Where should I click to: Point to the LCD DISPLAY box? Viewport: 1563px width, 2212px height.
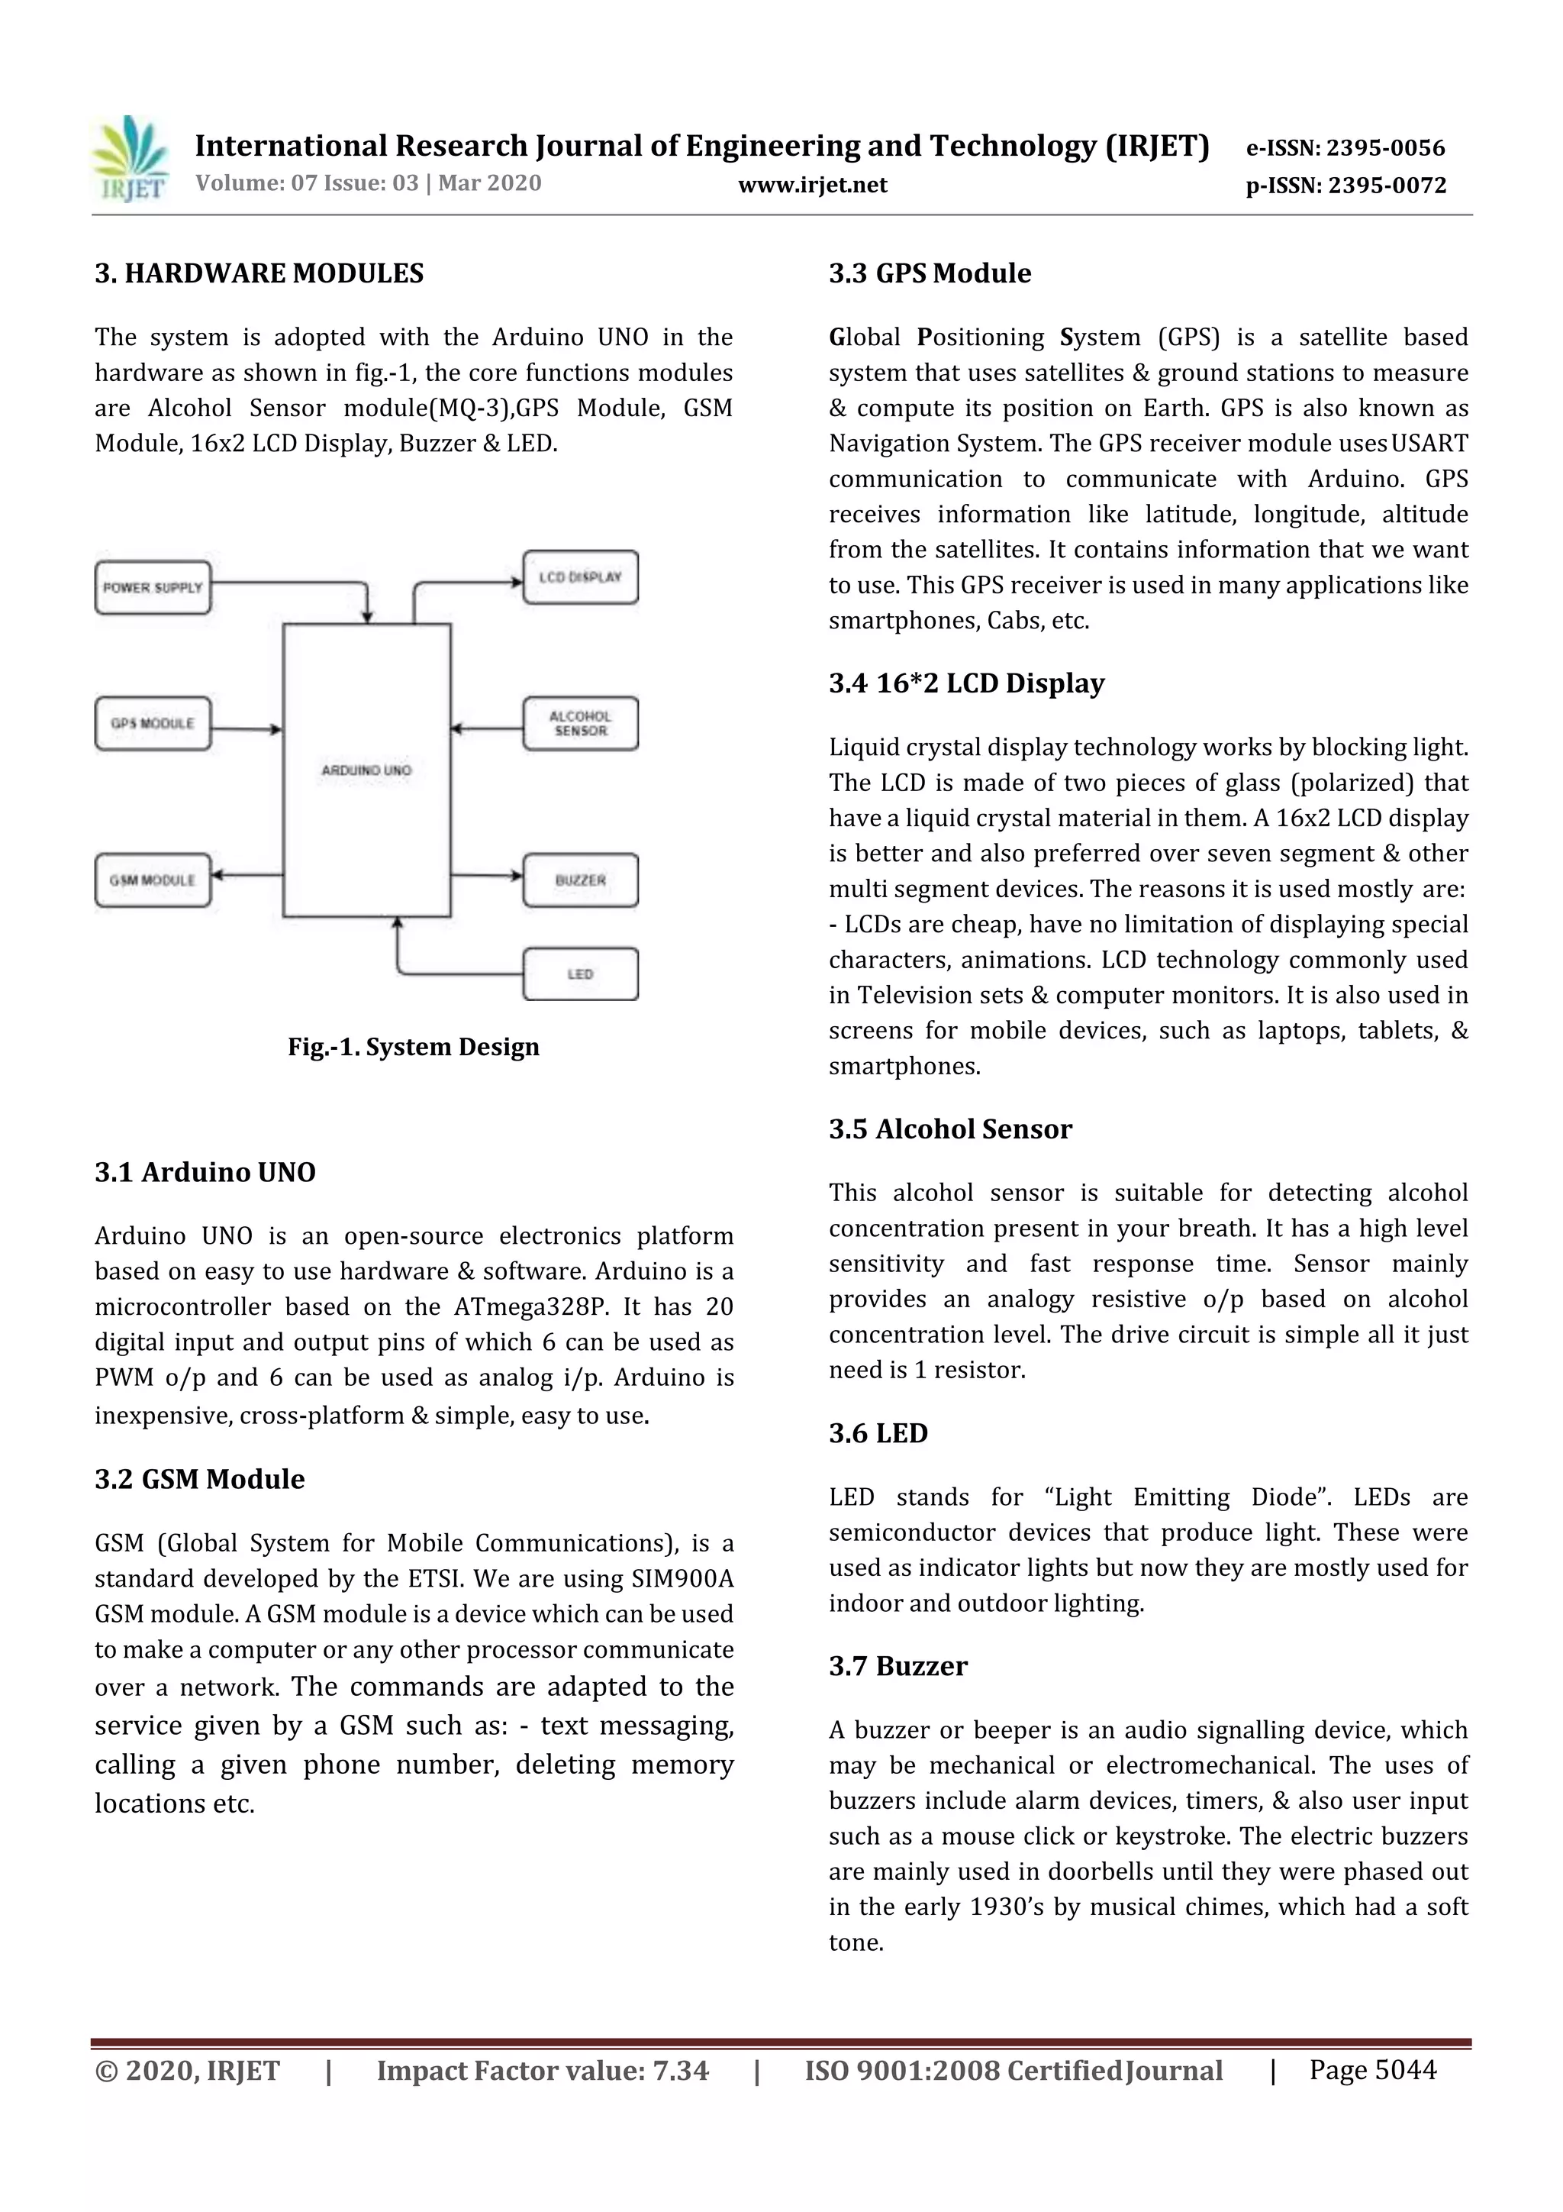(580, 578)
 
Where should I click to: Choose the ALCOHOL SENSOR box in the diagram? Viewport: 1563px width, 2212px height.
(580, 724)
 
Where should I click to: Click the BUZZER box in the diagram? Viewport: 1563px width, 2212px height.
(580, 880)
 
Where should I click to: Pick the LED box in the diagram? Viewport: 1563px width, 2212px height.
(580, 974)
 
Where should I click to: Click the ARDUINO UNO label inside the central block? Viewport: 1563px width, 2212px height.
(366, 770)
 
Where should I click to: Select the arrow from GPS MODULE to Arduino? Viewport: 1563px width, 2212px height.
(247, 729)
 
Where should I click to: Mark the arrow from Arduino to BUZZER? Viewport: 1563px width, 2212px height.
(486, 876)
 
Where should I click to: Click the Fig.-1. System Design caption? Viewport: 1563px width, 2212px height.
(413, 1048)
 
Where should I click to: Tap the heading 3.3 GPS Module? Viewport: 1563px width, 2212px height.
(930, 273)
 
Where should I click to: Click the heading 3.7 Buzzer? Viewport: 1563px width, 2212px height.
(898, 1666)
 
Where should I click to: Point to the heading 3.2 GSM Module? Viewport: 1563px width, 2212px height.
(199, 1479)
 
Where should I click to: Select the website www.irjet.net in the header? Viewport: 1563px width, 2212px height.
(813, 185)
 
